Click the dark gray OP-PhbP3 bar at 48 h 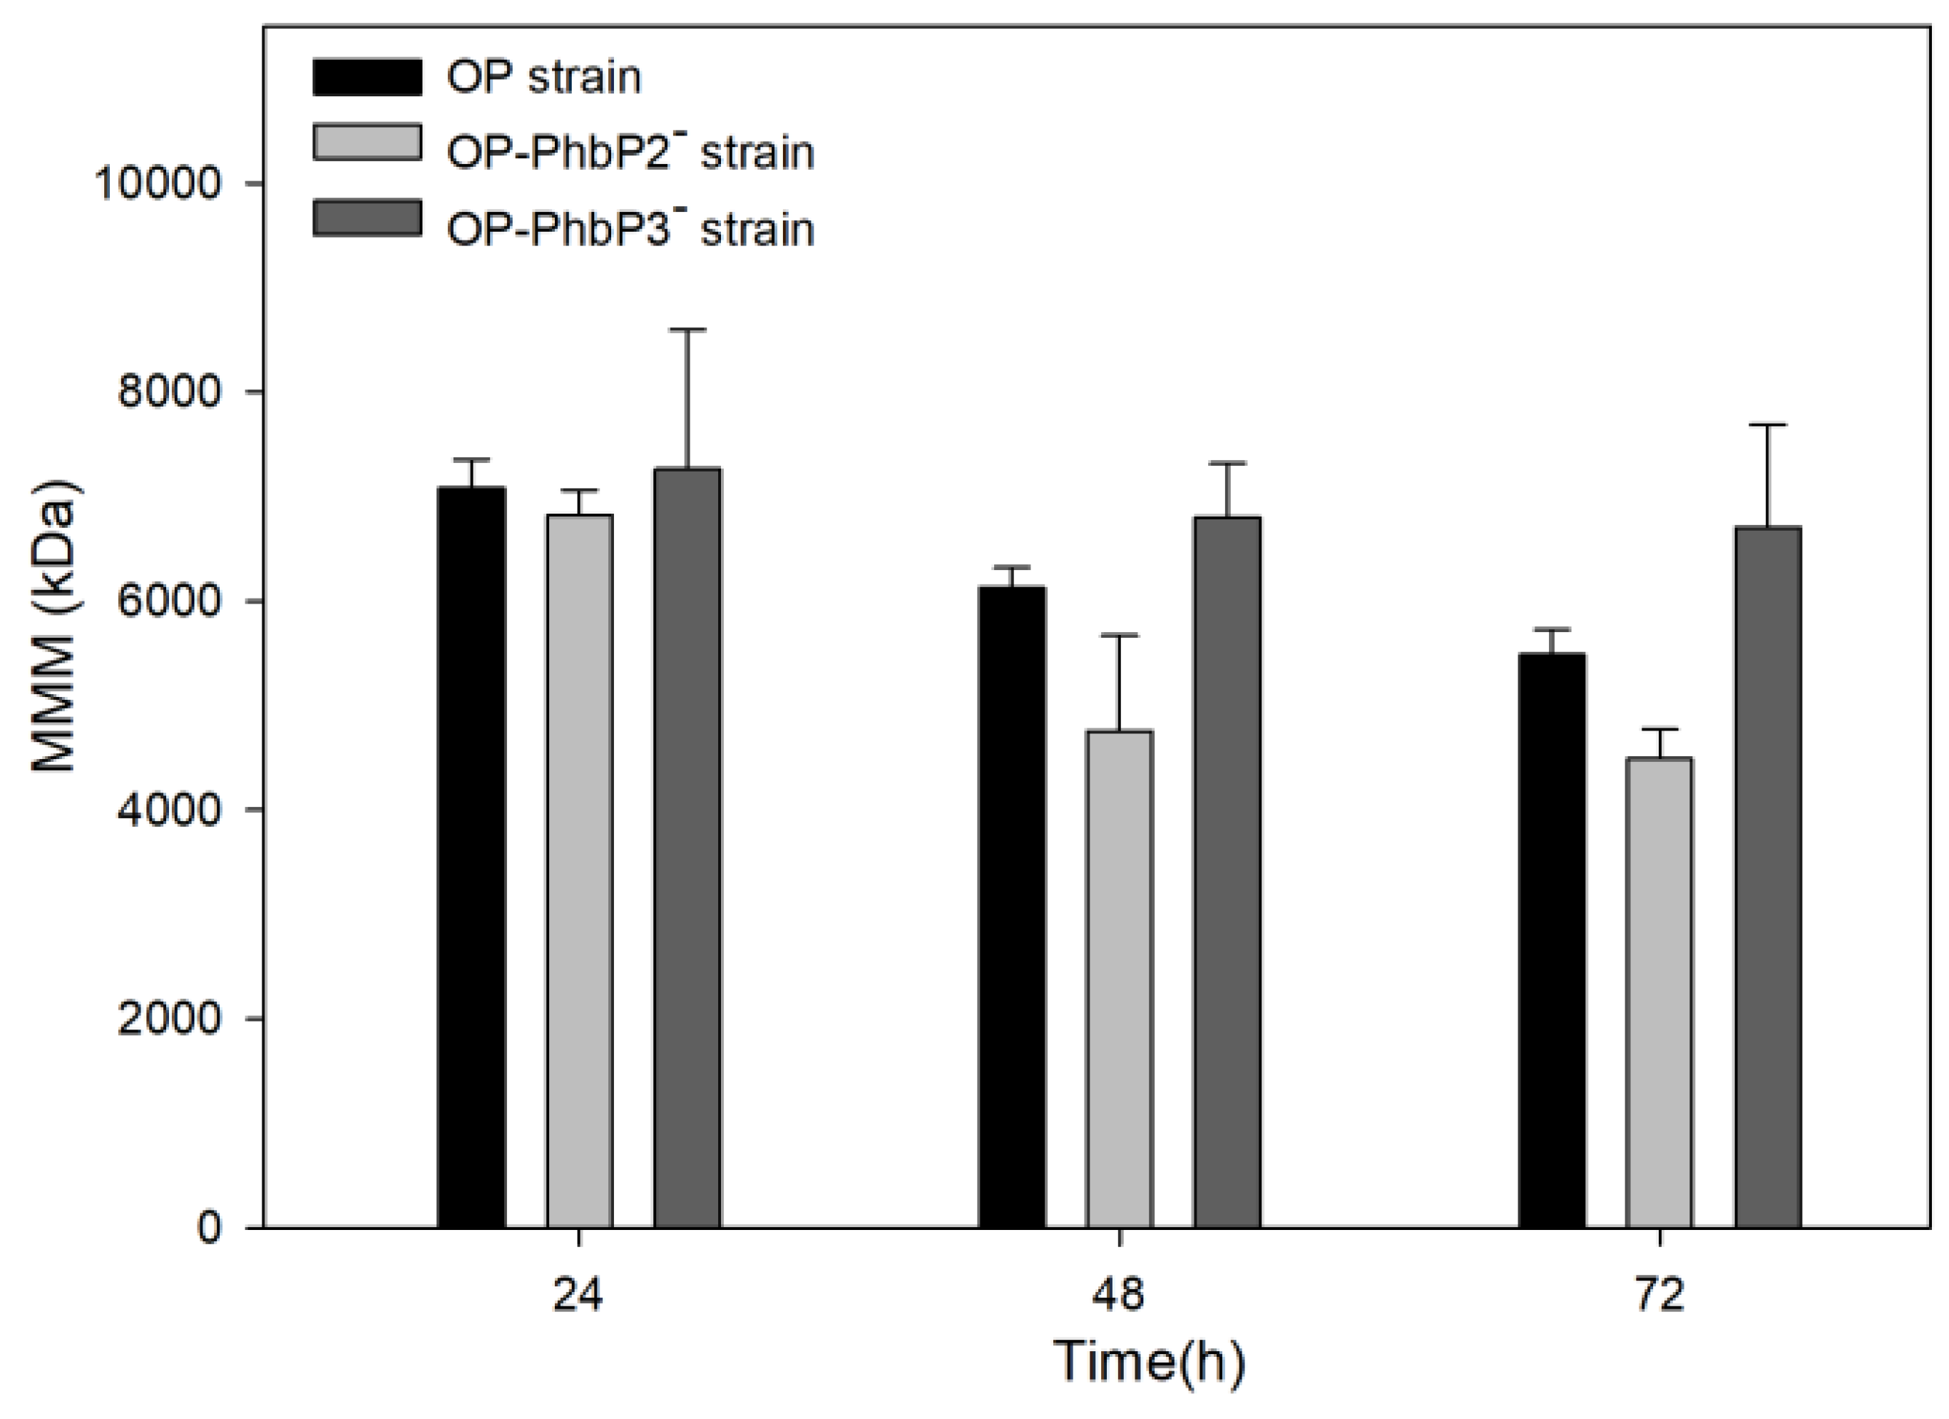tap(1228, 872)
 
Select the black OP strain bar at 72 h tap(1552, 940)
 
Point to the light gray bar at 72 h tap(1659, 992)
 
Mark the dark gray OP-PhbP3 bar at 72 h tap(1768, 877)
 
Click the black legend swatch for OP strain tap(367, 76)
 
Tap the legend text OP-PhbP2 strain tap(630, 153)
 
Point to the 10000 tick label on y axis tap(158, 183)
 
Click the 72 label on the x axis tap(1659, 1294)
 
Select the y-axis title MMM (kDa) tap(56, 626)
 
